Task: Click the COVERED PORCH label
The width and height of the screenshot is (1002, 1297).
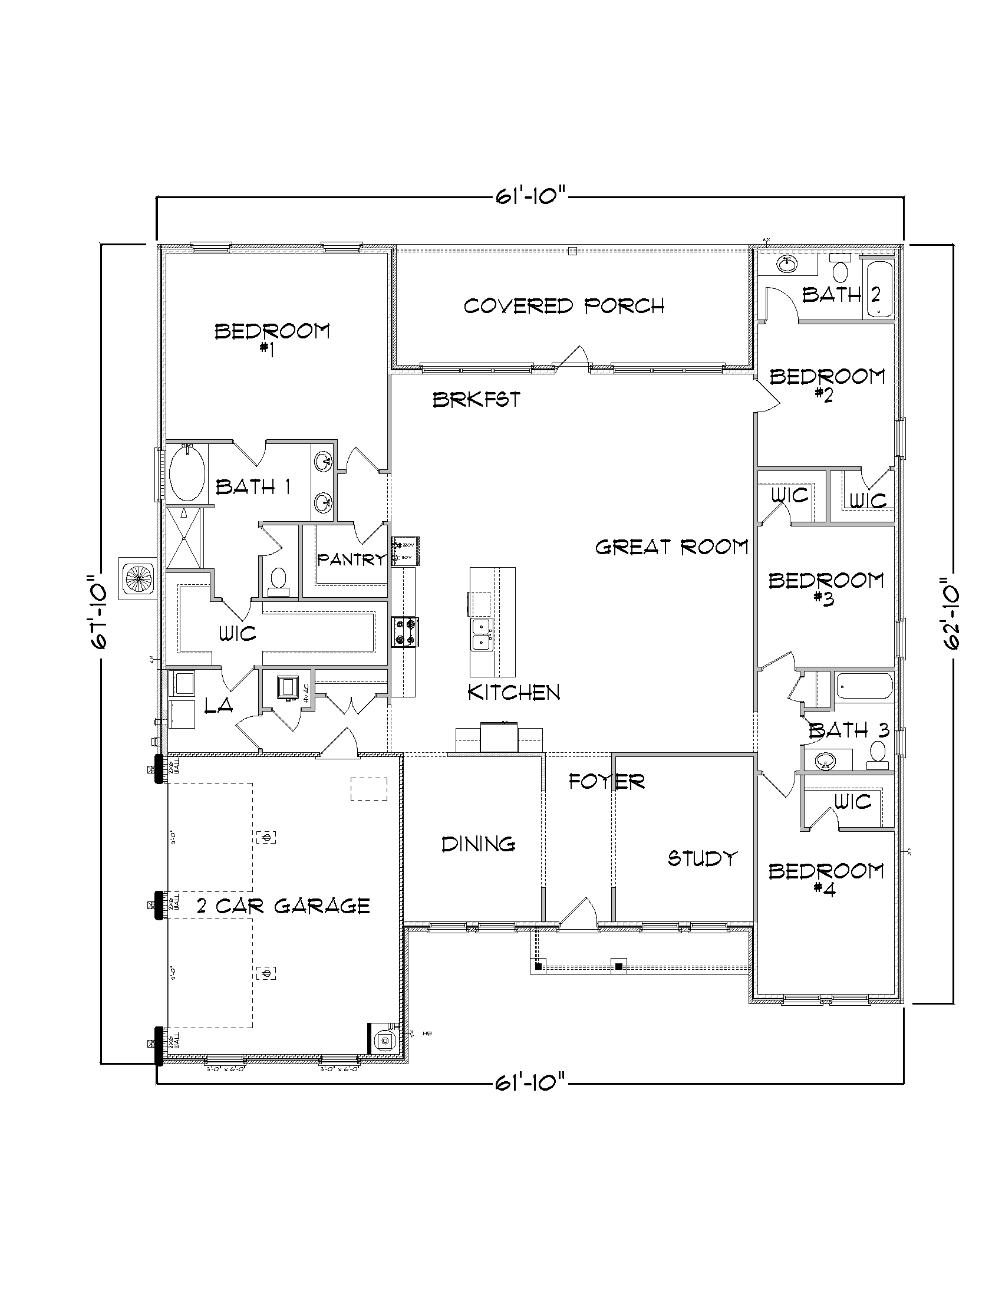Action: (563, 306)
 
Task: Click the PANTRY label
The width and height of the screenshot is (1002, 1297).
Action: (351, 559)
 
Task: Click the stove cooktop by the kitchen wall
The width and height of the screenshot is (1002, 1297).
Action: (405, 632)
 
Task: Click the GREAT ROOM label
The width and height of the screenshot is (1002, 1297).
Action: (671, 547)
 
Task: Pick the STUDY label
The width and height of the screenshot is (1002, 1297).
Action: (701, 858)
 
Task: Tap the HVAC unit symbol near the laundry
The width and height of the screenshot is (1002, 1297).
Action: (289, 687)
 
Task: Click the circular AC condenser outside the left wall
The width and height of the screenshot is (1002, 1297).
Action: (137, 578)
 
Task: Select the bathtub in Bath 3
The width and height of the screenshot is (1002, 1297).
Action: (864, 686)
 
